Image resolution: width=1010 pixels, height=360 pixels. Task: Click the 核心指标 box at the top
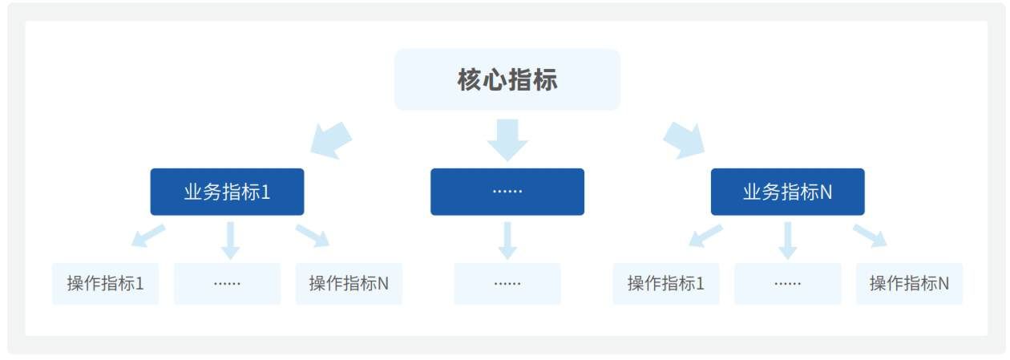[x=507, y=79]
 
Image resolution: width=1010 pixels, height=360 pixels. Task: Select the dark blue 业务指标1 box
[x=227, y=192]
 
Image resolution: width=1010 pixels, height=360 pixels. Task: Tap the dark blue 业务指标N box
[x=787, y=192]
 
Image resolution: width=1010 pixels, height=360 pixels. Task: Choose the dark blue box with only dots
[x=507, y=192]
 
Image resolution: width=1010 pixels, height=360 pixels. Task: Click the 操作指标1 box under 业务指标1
[x=106, y=283]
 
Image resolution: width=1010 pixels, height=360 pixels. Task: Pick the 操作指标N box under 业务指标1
[x=349, y=283]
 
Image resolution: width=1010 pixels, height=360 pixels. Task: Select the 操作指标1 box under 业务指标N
[x=666, y=283]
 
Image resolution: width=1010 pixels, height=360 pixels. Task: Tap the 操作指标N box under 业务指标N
[x=909, y=283]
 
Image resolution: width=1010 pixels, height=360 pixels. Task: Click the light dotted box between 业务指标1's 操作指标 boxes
[x=227, y=283]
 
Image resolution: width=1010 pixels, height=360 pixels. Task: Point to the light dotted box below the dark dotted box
[x=507, y=283]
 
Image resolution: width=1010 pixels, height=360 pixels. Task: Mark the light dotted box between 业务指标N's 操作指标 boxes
[x=787, y=283]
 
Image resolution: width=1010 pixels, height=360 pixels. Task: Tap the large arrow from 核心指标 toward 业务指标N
[x=684, y=139]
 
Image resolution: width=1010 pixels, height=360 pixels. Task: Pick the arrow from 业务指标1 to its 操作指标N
[x=313, y=236]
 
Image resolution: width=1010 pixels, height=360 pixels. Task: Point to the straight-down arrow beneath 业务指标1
[x=230, y=240]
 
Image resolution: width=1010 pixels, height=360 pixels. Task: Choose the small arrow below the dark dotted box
[x=507, y=240]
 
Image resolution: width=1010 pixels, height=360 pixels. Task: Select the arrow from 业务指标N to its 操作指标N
[x=871, y=236]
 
